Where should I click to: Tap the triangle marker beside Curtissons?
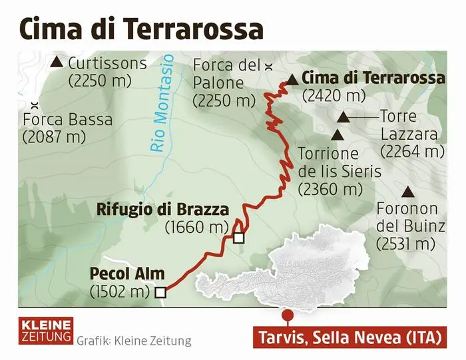[57, 63]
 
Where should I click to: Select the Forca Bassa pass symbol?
[33, 104]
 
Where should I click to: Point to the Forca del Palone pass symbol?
[269, 66]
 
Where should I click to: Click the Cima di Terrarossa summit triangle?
[292, 79]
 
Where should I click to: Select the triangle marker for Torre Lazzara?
[344, 118]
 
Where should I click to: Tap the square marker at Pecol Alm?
[160, 291]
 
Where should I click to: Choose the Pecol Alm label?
[126, 273]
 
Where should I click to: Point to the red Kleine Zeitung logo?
[45, 331]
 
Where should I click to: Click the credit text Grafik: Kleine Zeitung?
[134, 341]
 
